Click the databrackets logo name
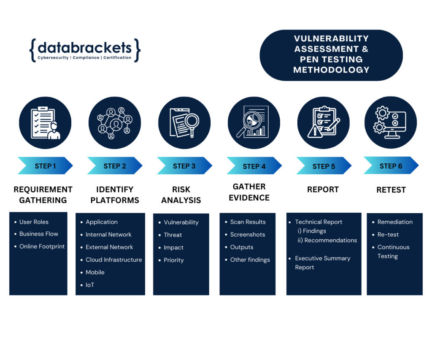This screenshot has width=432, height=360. pos(84,47)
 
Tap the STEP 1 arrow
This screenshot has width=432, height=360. pos(45,166)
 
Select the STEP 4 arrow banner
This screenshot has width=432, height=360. pos(254,166)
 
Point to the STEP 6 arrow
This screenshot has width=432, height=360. pos(391,166)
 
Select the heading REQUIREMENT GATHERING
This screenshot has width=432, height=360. pos(43,195)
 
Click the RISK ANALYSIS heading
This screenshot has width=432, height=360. pos(181,195)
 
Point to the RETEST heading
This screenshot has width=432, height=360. pos(391,190)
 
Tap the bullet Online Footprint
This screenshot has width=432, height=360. pos(42,246)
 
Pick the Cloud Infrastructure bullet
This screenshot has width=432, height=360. pos(114,260)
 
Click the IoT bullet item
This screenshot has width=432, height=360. pos(90,285)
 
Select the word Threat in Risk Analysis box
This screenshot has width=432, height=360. pos(173,235)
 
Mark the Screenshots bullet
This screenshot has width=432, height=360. pos(248,234)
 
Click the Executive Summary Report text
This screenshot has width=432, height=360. pos(322,263)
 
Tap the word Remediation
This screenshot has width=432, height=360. pos(395,222)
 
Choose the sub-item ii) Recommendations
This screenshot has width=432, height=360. pos(327,240)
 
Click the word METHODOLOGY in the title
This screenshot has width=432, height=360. pos(331,70)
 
